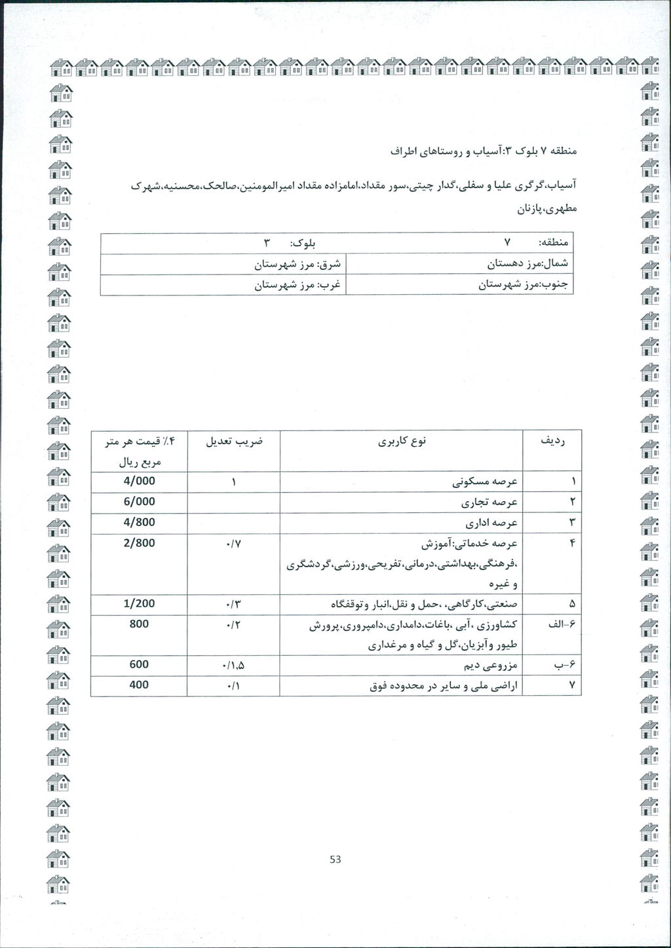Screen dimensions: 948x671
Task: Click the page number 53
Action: point(335,860)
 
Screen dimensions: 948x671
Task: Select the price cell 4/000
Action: point(139,482)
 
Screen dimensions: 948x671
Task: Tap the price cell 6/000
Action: point(139,502)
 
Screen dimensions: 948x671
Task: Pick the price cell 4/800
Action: point(139,523)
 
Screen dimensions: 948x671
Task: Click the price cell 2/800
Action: point(139,543)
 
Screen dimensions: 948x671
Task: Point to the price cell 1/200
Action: point(139,603)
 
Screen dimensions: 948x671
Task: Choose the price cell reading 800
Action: point(139,624)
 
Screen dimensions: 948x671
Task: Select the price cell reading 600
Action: point(139,664)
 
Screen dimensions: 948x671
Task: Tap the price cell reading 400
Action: point(139,685)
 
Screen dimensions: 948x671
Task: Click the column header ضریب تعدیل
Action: point(234,442)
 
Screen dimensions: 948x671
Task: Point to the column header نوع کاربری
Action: point(402,442)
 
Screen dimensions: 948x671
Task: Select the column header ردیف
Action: point(552,442)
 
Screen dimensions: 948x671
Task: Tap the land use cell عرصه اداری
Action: point(491,523)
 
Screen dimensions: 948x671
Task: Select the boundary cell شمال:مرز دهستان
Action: point(527,264)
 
